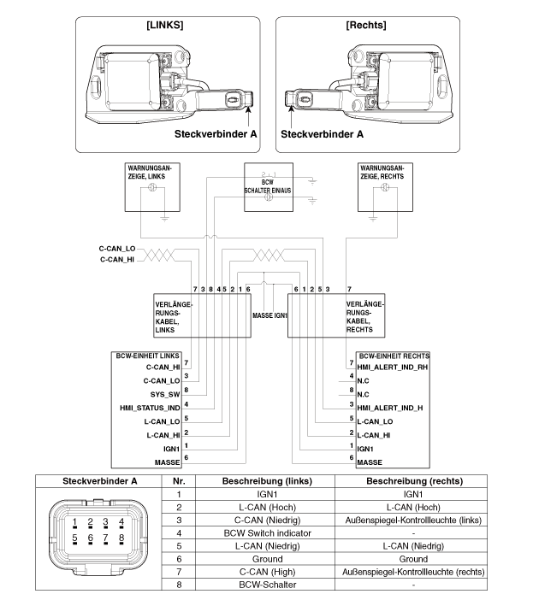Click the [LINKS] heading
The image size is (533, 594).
[x=162, y=26]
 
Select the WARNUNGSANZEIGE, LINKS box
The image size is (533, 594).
[x=151, y=187]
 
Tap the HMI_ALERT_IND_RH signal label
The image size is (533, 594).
[x=391, y=366]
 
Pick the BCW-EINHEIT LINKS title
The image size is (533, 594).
[x=148, y=354]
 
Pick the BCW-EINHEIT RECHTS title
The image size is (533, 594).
[x=393, y=354]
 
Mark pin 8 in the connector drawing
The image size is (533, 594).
[x=121, y=538]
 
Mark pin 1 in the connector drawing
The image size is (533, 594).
[x=75, y=521]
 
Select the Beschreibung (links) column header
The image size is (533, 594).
[x=265, y=480]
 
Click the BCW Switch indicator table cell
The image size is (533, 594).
[x=265, y=532]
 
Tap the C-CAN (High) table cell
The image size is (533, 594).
[x=265, y=572]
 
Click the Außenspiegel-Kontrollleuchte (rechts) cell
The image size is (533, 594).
[x=410, y=572]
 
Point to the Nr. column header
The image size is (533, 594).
[x=178, y=480]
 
